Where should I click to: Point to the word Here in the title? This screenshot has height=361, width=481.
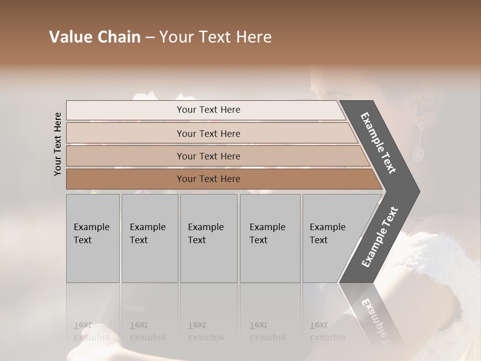click(253, 37)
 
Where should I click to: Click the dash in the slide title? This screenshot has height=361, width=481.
click(150, 38)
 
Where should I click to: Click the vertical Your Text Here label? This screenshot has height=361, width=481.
click(58, 144)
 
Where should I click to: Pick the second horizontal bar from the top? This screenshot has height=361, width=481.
click(208, 133)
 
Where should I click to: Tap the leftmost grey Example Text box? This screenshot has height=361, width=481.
click(93, 238)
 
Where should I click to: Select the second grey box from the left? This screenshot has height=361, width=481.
click(149, 238)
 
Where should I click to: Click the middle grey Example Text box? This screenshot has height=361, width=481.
click(208, 238)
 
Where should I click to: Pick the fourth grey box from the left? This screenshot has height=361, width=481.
click(270, 238)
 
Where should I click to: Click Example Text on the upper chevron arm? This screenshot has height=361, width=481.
click(379, 143)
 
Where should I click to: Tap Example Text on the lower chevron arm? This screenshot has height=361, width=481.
click(380, 237)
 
